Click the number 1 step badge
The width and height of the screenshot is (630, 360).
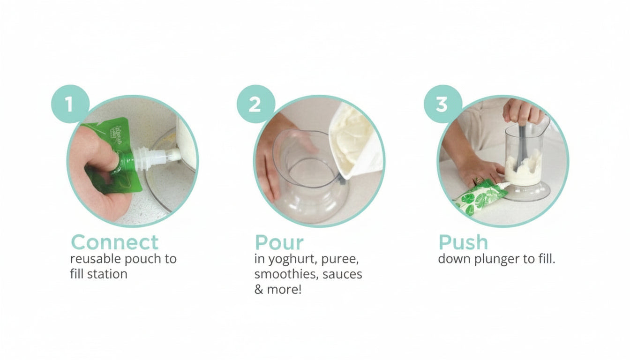click(x=70, y=104)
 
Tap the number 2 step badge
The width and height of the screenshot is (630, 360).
click(x=255, y=104)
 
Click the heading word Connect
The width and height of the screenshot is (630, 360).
click(x=115, y=243)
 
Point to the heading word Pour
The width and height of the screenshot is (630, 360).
click(x=279, y=243)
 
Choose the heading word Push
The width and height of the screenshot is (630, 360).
click(x=463, y=243)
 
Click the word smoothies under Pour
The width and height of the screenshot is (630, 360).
click(x=286, y=274)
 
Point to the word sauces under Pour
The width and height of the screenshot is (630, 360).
click(x=342, y=274)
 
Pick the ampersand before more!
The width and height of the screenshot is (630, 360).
click(x=259, y=289)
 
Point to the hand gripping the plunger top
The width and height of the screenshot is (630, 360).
click(x=522, y=112)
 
